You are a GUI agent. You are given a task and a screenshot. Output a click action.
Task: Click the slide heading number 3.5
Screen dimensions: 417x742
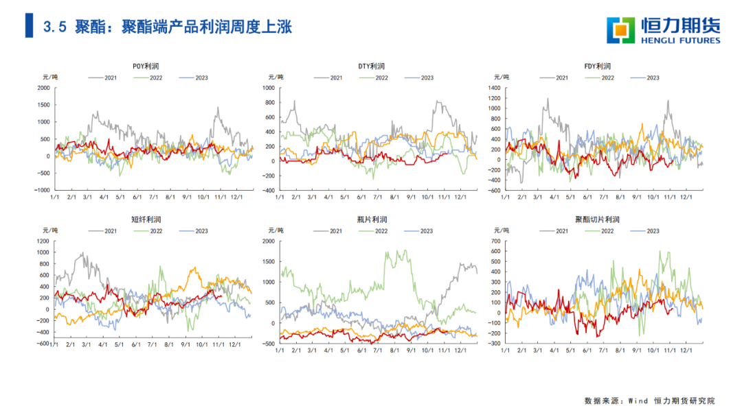pos(55,27)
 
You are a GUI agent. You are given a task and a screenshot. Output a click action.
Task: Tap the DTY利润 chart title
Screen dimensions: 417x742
pos(372,67)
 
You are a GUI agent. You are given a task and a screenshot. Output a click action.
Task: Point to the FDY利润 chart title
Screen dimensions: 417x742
pos(597,67)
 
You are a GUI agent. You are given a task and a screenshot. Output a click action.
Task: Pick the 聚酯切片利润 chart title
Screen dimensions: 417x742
pos(597,219)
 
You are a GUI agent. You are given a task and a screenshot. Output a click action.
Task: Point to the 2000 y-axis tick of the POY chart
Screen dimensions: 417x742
pos(43,88)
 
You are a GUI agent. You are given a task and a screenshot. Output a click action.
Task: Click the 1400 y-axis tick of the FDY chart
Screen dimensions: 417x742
pos(493,88)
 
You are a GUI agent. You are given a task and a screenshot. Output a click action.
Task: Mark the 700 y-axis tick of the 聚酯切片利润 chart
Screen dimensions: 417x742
pos(495,241)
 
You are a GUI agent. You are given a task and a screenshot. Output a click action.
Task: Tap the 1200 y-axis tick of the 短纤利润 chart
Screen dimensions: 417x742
pos(43,241)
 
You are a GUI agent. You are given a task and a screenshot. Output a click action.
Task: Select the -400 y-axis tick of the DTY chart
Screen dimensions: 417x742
pos(268,190)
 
